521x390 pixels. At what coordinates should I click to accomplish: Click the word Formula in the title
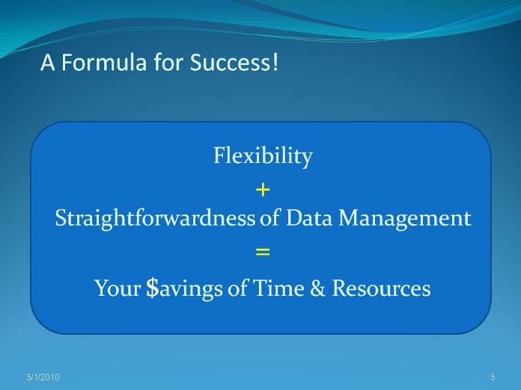pos(103,62)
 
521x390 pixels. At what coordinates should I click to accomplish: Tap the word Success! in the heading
pos(234,62)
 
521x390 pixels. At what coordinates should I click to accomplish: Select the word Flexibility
pos(263,156)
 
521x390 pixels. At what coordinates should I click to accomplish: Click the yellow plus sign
pos(263,190)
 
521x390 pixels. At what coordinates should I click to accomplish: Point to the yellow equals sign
pos(263,252)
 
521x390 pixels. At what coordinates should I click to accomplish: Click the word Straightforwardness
pos(155,219)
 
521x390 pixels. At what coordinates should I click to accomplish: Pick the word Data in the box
pos(309,219)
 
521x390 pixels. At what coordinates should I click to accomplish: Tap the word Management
pos(405,220)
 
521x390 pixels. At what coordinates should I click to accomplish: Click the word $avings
pos(184,288)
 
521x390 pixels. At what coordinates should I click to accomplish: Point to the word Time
pos(278,288)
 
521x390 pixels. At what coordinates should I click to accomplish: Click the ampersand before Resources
pos(317,288)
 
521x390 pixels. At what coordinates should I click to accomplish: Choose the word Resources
pos(382,288)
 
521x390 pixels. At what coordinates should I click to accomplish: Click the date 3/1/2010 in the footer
pos(43,377)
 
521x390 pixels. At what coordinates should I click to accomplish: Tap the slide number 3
pos(493,377)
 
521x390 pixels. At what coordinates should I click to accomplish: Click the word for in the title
pos(168,62)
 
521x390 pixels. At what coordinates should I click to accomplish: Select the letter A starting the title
pos(47,62)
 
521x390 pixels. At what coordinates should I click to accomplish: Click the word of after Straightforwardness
pos(269,219)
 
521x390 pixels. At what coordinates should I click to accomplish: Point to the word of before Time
pos(237,288)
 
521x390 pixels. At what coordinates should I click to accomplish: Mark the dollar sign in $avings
pos(153,288)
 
